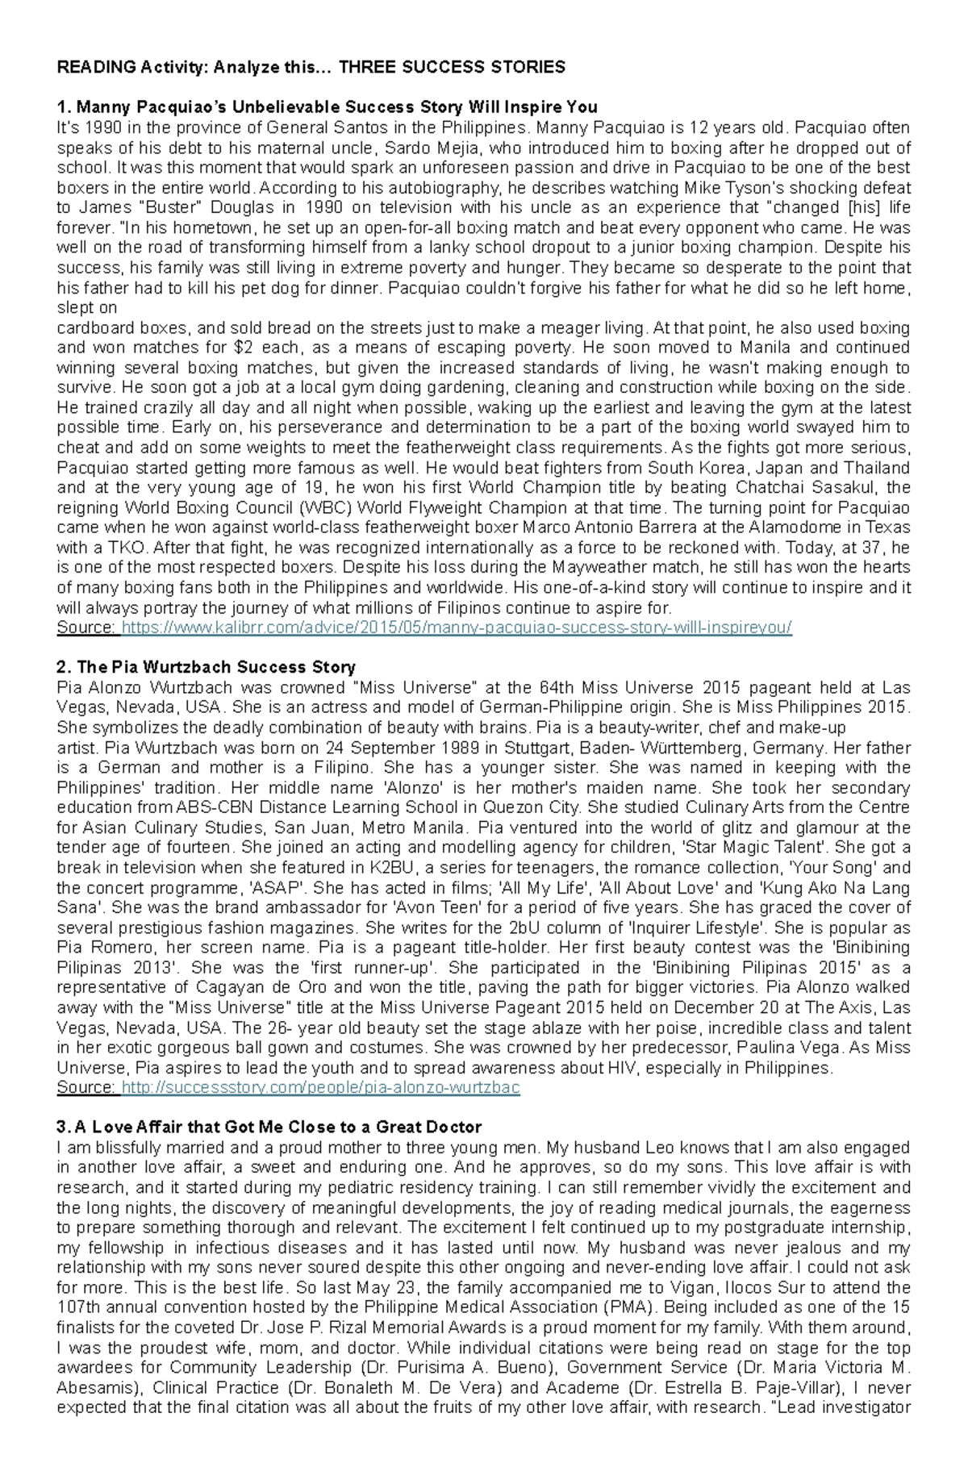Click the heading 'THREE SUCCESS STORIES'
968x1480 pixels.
(x=452, y=67)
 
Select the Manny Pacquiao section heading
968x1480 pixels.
(x=327, y=107)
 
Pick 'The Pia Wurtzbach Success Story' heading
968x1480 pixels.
(x=206, y=667)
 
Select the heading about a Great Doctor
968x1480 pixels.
(x=269, y=1127)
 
